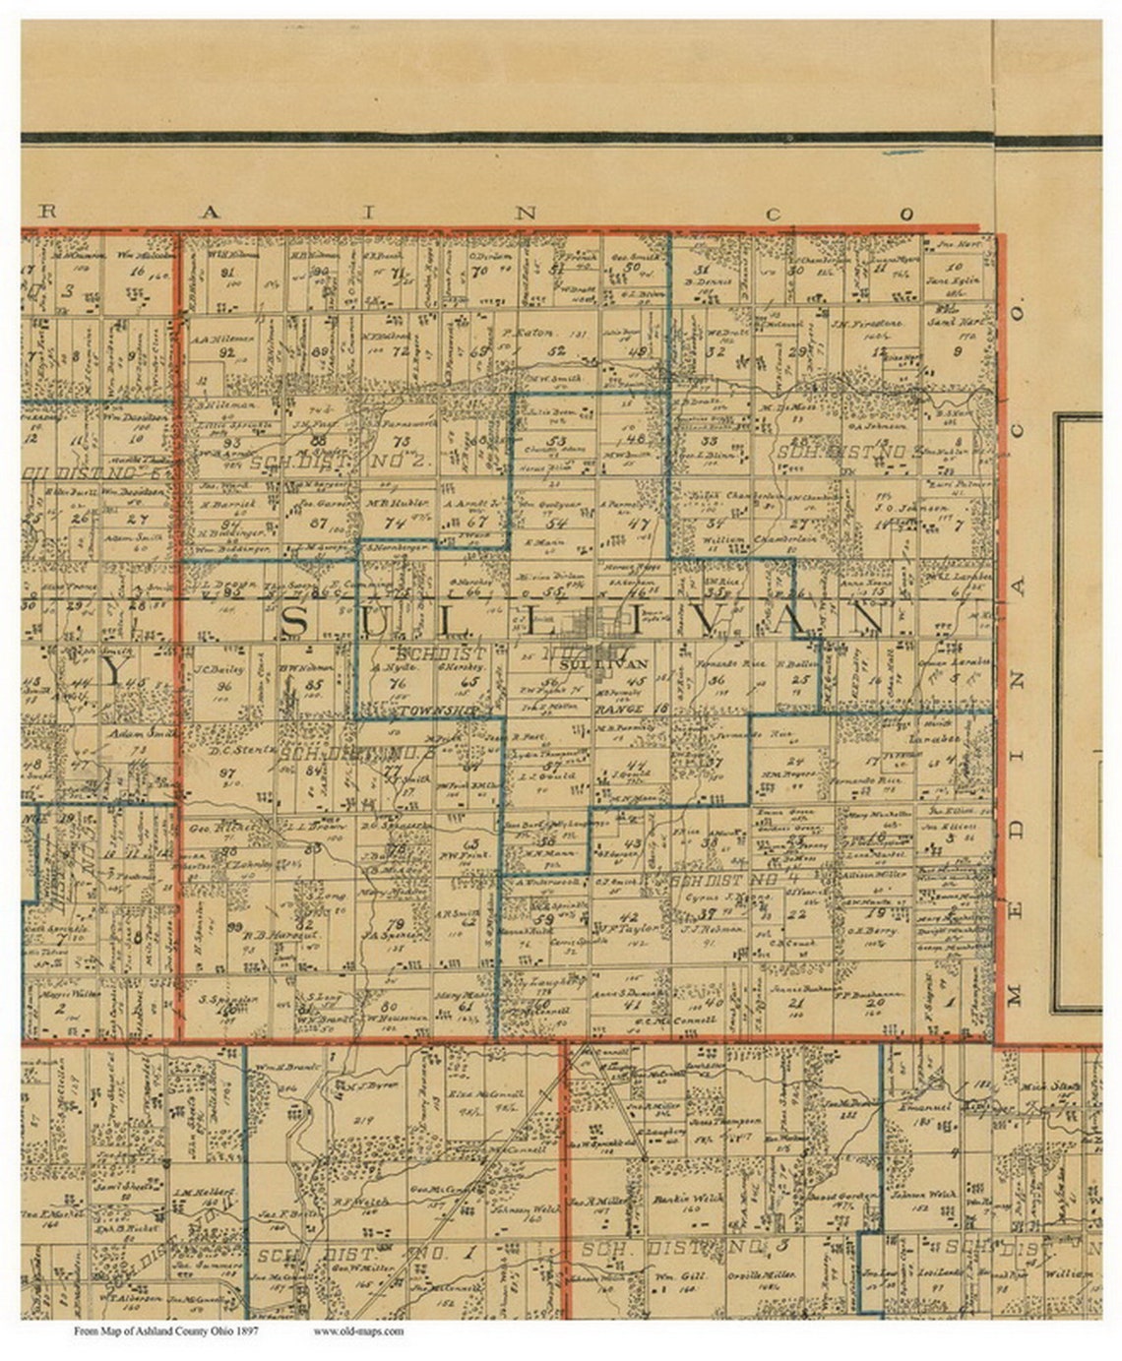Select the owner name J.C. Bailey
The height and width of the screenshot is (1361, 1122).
pos(214,672)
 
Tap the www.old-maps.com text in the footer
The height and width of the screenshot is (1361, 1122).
pos(358,1331)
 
